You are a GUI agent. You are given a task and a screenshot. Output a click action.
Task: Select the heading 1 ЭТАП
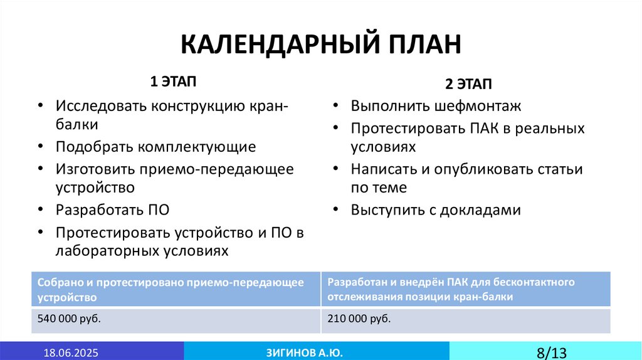click(172, 82)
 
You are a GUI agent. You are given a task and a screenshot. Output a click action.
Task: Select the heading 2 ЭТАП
click(468, 84)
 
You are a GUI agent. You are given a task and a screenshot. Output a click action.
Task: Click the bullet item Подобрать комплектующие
click(155, 147)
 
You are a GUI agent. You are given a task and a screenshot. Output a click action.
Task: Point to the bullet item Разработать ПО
click(112, 209)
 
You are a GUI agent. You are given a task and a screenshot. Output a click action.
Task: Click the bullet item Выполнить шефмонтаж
click(436, 106)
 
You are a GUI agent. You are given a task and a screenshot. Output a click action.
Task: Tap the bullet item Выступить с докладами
click(436, 209)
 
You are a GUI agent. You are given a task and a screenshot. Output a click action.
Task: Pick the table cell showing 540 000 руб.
click(70, 319)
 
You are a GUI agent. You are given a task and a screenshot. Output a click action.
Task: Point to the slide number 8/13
click(551, 352)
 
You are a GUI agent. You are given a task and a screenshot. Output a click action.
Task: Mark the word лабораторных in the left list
click(103, 250)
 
